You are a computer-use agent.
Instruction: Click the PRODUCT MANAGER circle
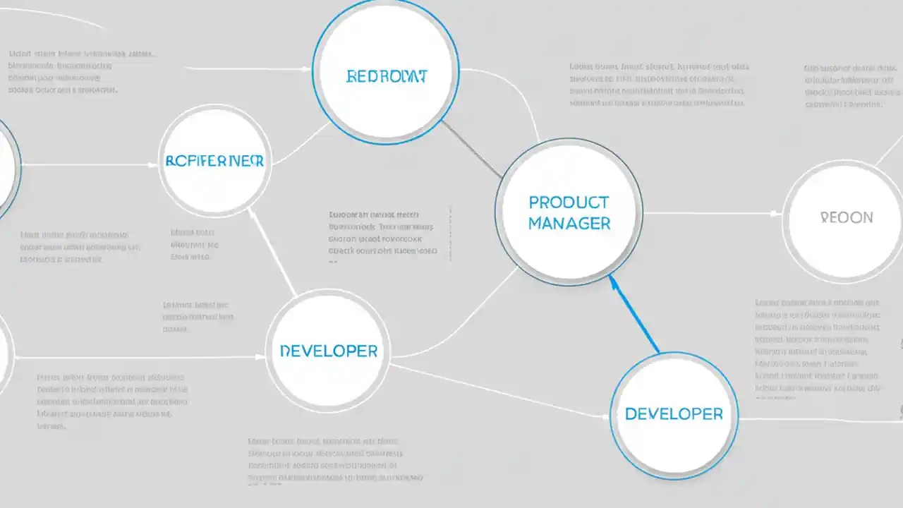[569, 212]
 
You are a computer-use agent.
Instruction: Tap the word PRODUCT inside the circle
[568, 202]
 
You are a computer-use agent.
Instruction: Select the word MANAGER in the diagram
[569, 224]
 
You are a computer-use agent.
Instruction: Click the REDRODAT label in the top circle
[387, 76]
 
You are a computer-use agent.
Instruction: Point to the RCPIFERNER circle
[214, 162]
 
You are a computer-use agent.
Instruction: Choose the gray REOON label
[847, 217]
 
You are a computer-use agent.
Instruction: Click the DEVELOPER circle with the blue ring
[674, 414]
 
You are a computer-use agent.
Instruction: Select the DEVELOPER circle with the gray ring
[328, 351]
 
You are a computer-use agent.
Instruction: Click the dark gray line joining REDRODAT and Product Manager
[471, 148]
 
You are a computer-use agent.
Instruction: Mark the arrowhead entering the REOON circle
[775, 212]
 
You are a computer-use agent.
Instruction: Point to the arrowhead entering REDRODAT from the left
[306, 69]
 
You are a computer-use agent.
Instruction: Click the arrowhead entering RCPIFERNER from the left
[154, 165]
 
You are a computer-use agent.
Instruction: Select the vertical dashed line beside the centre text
[449, 233]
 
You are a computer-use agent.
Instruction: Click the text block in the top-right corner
[852, 86]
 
